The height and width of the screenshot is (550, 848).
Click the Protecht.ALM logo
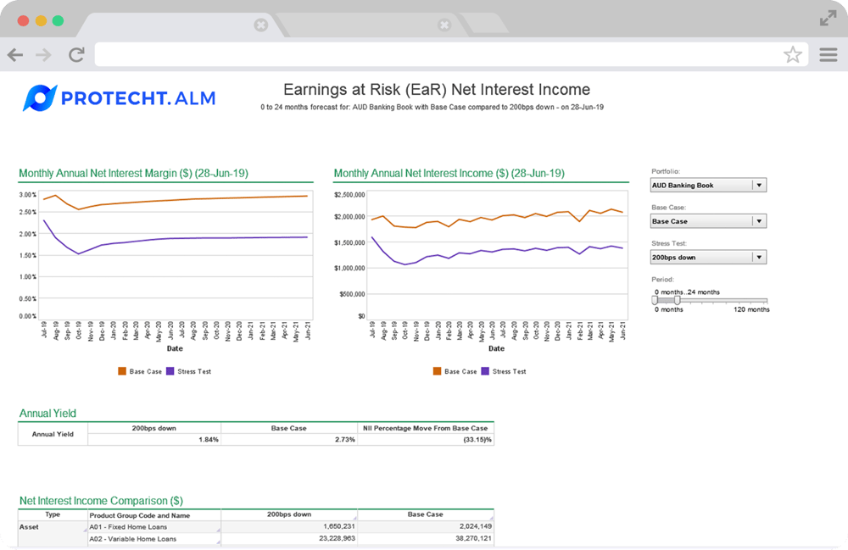(x=120, y=98)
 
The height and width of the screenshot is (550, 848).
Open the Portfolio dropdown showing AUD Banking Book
(x=708, y=185)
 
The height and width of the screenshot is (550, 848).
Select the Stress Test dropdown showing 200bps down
(x=708, y=257)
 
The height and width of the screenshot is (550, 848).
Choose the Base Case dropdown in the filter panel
(x=708, y=221)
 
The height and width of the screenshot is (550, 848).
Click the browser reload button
(x=76, y=55)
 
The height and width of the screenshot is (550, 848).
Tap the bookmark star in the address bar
(x=793, y=55)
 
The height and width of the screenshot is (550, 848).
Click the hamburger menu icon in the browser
(x=828, y=55)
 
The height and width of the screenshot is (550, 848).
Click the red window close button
(x=23, y=20)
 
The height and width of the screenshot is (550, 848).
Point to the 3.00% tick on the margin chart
(x=27, y=194)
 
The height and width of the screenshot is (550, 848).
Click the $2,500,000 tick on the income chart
(x=349, y=194)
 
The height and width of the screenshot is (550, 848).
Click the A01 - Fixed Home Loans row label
(x=128, y=527)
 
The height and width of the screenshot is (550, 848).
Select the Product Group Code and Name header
(x=140, y=515)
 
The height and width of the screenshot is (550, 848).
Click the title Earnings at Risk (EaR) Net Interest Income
(x=436, y=90)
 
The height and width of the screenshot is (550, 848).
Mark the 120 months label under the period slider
(x=751, y=309)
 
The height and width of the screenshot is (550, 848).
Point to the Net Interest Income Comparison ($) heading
(x=101, y=501)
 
